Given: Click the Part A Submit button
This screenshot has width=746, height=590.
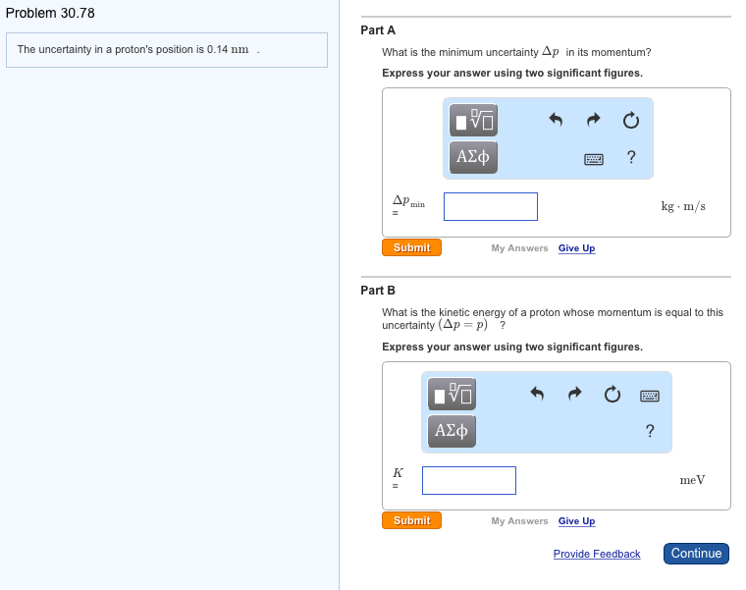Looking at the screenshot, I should [x=411, y=247].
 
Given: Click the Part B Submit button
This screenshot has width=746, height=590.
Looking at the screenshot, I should [x=411, y=520].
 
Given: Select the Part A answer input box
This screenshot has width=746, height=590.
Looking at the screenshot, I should [x=490, y=206].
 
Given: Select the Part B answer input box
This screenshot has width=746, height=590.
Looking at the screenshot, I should [x=469, y=480].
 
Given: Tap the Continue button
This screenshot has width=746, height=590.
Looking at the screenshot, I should [x=696, y=554].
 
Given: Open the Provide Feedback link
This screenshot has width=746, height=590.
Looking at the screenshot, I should [x=596, y=555].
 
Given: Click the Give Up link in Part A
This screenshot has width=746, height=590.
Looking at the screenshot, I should [x=576, y=248].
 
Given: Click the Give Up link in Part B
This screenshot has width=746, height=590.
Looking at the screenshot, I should [x=576, y=521].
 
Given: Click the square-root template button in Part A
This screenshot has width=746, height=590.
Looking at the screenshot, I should [x=473, y=121].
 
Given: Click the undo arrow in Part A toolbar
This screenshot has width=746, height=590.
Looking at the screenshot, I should [x=556, y=121].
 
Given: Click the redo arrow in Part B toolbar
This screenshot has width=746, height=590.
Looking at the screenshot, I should [x=574, y=395].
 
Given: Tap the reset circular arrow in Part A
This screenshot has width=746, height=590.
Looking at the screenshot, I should [x=630, y=121].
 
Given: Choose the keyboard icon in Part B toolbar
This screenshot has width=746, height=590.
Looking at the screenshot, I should [x=649, y=395].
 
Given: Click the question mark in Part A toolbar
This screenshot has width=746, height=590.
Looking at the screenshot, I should [x=630, y=157].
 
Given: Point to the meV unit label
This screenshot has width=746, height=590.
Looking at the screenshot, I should [x=692, y=480].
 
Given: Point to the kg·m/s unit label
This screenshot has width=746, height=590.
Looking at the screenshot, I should [x=683, y=206].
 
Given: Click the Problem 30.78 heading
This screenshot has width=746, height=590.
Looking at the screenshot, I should [x=50, y=13].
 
